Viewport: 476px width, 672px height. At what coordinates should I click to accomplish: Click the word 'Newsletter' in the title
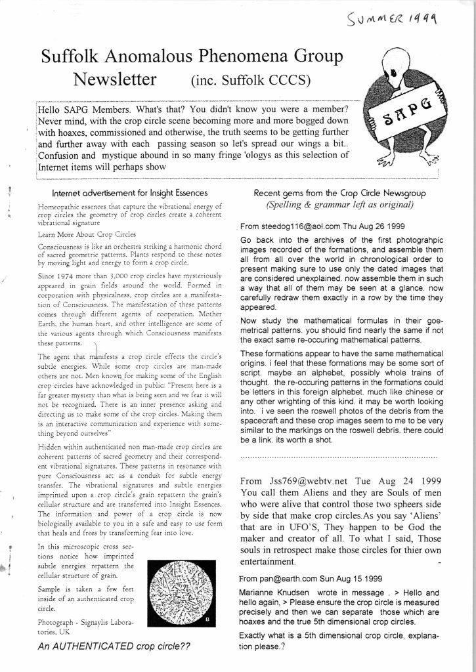click(115, 80)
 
